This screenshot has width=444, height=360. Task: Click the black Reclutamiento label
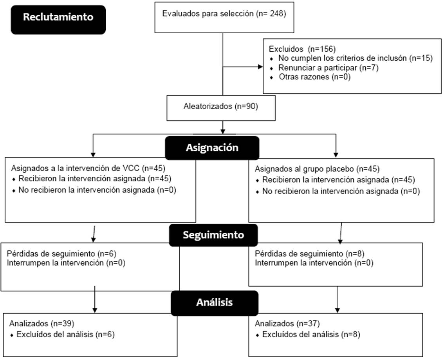tap(58, 18)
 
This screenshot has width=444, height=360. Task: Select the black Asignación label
tap(212, 148)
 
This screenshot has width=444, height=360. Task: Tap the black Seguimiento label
tap(213, 235)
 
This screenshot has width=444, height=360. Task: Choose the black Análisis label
tap(214, 302)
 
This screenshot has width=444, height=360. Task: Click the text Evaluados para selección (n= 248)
tap(224, 14)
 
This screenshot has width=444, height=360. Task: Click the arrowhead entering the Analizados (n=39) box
tap(95, 311)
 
